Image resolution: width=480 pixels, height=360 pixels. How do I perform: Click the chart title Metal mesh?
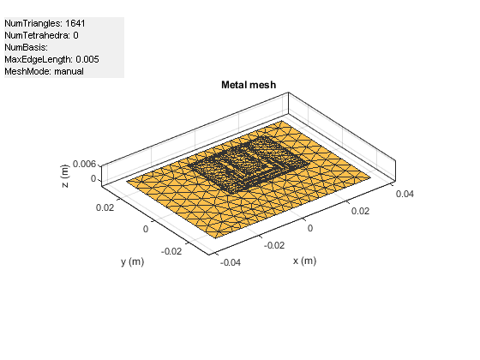click(249, 85)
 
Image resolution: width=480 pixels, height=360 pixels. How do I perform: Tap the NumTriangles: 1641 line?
click(45, 24)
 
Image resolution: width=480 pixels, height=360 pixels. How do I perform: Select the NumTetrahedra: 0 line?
click(41, 35)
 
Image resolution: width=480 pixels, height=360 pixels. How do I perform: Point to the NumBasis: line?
click(26, 47)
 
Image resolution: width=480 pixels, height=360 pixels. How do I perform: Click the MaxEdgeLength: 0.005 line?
click(51, 59)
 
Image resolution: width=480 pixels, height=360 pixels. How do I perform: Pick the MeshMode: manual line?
click(44, 71)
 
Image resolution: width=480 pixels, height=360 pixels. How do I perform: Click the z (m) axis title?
click(65, 176)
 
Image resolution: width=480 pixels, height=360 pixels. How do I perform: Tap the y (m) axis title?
click(132, 262)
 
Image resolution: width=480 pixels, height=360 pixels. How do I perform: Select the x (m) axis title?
click(304, 261)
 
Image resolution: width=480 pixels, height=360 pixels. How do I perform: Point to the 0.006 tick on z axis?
click(84, 164)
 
